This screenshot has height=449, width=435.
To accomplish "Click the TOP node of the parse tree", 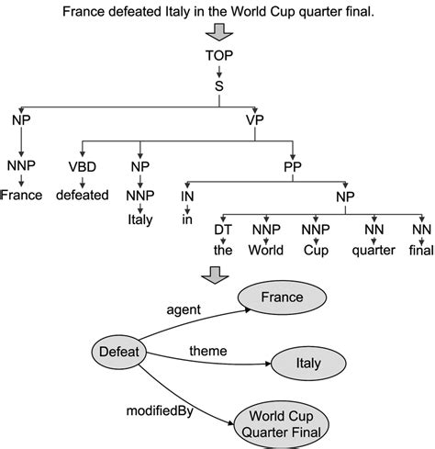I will pyautogui.click(x=218, y=54).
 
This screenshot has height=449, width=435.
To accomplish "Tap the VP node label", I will pyautogui.click(x=255, y=118).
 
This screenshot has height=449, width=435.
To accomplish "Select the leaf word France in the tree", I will pyautogui.click(x=21, y=195).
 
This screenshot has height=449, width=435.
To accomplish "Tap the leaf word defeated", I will pyautogui.click(x=83, y=195).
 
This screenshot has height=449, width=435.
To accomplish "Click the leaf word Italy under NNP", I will pyautogui.click(x=139, y=219).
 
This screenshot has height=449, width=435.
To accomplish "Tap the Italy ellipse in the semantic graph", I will pyautogui.click(x=307, y=365).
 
